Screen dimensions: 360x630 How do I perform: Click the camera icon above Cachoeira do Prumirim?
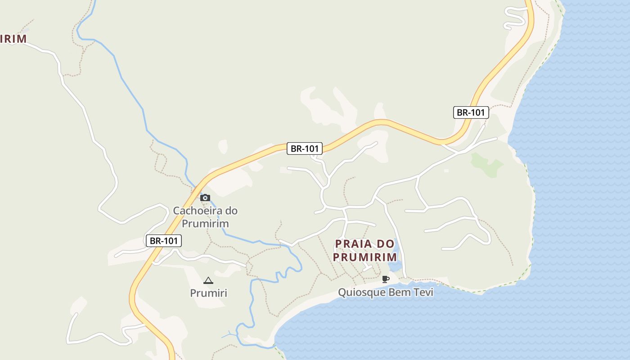tap(205, 198)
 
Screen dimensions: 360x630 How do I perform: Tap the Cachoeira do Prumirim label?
tap(205, 217)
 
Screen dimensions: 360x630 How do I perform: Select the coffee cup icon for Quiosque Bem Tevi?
tap(385, 279)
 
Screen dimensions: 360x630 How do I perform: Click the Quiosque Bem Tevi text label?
tap(386, 292)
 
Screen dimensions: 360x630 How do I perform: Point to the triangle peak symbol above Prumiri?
tap(208, 281)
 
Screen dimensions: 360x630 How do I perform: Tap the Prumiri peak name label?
tap(208, 293)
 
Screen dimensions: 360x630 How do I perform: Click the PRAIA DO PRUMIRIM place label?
tap(365, 251)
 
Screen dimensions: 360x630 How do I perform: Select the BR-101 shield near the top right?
tap(471, 112)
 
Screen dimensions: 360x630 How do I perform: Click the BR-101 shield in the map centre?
tap(305, 148)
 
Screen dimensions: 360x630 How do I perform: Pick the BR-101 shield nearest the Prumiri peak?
tap(164, 241)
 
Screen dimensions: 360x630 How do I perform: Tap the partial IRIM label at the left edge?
tap(13, 39)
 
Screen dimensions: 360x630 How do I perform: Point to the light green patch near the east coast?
tap(486, 165)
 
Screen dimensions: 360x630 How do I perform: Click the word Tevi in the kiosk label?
tap(423, 292)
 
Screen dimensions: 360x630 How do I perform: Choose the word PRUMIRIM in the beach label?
tap(365, 257)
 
